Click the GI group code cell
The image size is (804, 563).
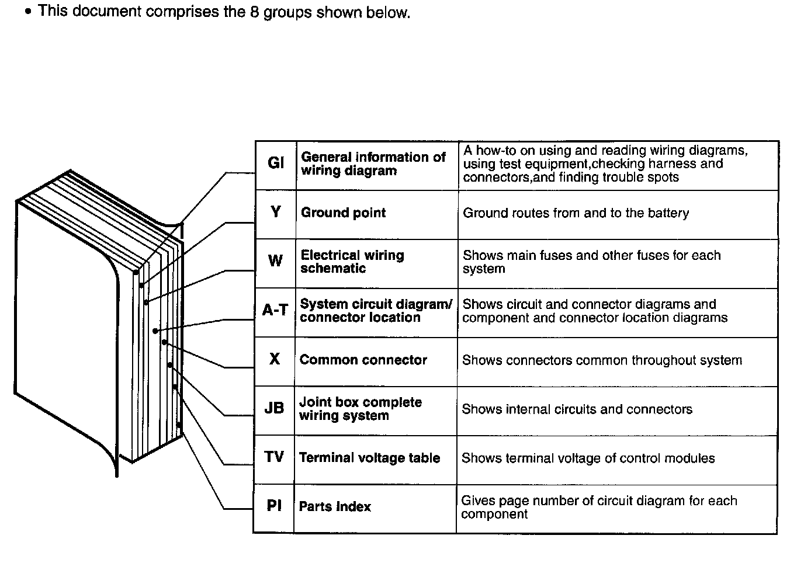(x=276, y=163)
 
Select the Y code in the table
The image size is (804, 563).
(x=276, y=212)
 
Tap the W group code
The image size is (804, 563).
(x=275, y=261)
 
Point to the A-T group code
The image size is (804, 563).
(x=275, y=310)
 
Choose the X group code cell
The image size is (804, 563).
(x=275, y=359)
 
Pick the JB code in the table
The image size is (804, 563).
(x=274, y=408)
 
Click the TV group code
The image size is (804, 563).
(x=274, y=457)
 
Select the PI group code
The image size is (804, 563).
(x=274, y=506)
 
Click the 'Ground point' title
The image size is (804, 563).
(x=343, y=213)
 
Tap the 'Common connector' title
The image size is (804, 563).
(x=363, y=360)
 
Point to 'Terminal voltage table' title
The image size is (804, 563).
(x=369, y=458)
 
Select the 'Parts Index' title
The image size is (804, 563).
(x=335, y=506)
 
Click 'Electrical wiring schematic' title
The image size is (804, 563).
(x=352, y=262)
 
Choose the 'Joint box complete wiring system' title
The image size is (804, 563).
(x=360, y=409)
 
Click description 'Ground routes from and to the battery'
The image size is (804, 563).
(x=576, y=213)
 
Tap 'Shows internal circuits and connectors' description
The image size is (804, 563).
(x=577, y=409)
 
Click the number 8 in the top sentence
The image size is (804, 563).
(x=255, y=12)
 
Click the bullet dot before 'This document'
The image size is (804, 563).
(x=28, y=12)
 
